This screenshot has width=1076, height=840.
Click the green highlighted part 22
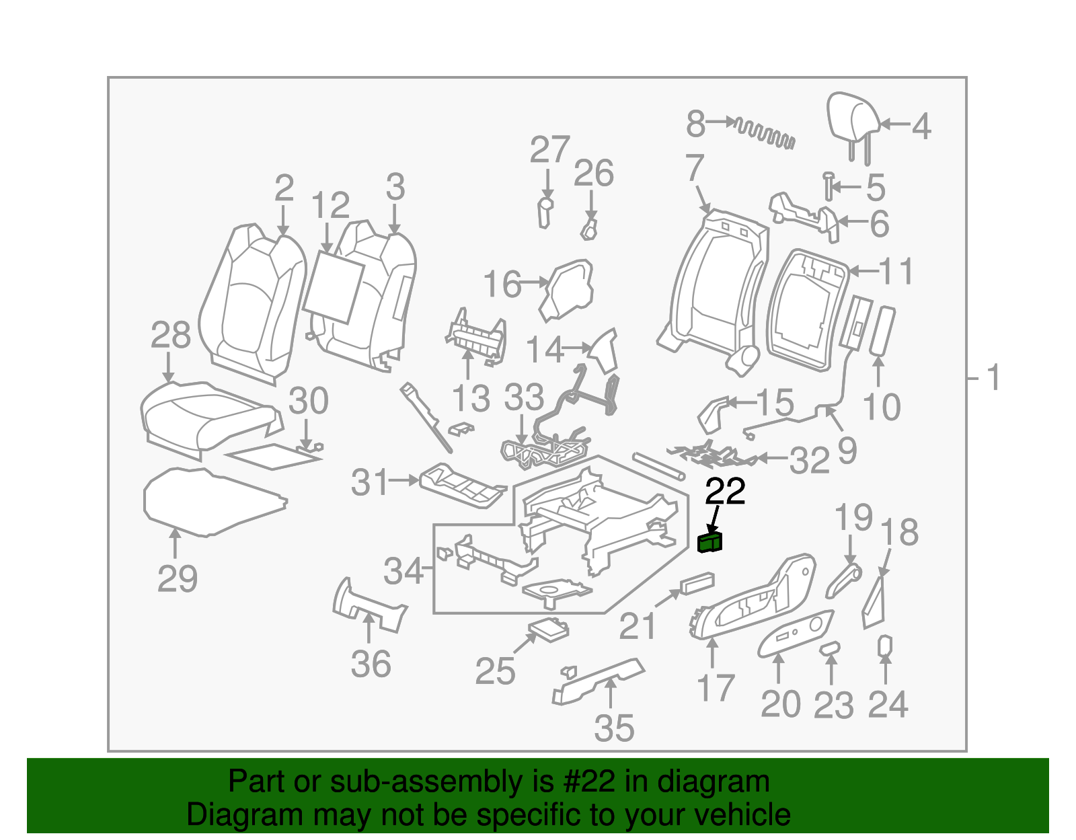pyautogui.click(x=710, y=542)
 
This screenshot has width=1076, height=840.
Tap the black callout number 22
pyautogui.click(x=725, y=492)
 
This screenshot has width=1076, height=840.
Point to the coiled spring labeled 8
pyautogui.click(x=765, y=132)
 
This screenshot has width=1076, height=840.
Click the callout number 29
pyautogui.click(x=177, y=579)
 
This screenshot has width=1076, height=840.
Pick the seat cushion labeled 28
pyautogui.click(x=205, y=416)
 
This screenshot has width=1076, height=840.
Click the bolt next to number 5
pyautogui.click(x=829, y=186)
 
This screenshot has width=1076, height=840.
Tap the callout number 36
pyautogui.click(x=371, y=664)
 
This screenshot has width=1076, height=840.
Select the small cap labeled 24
pyautogui.click(x=885, y=646)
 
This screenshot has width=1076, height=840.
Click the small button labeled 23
pyautogui.click(x=831, y=648)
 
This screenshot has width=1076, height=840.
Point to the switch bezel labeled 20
pyautogui.click(x=796, y=632)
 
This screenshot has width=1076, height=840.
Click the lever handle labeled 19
pyautogui.click(x=843, y=580)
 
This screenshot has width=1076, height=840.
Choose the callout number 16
pyautogui.click(x=502, y=284)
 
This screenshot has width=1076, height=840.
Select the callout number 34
pyautogui.click(x=403, y=571)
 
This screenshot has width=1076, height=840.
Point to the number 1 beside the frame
pyautogui.click(x=993, y=378)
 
